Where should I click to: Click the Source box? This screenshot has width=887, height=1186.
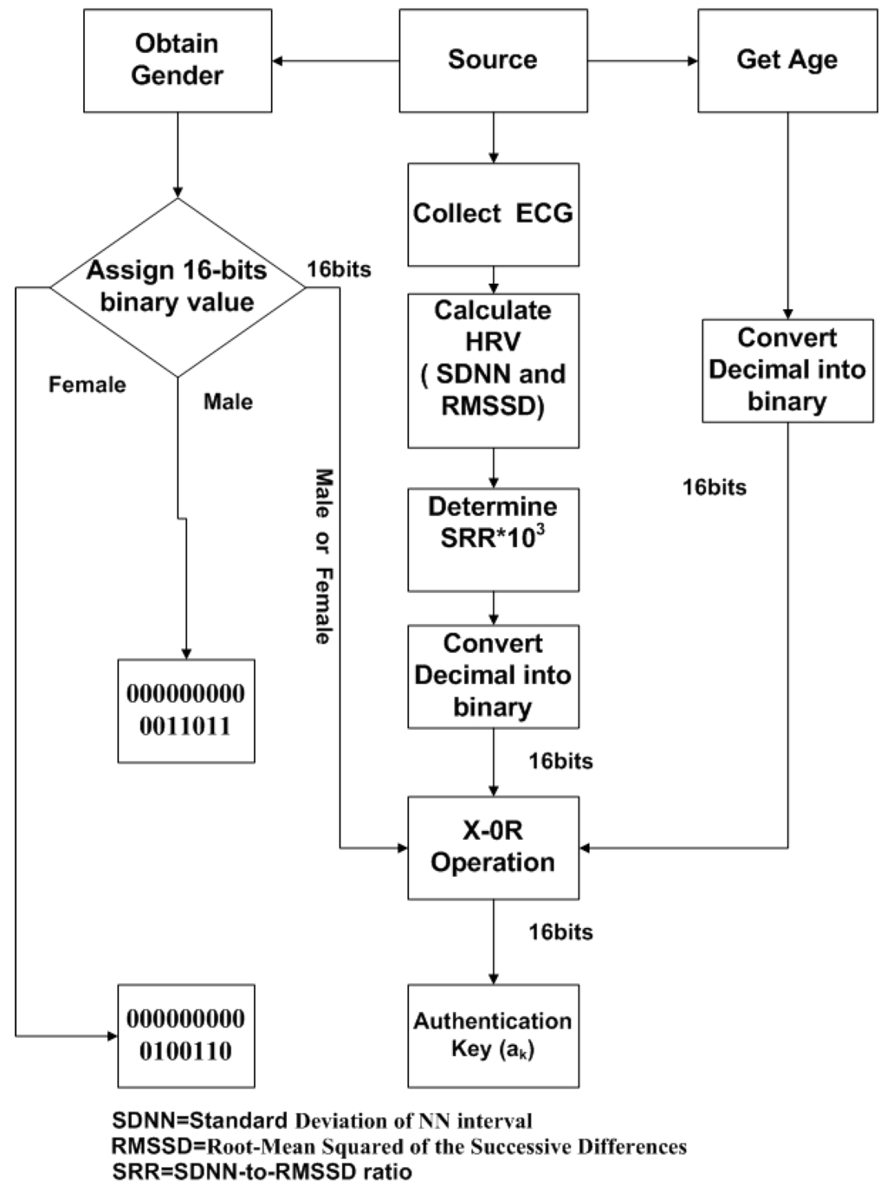pyautogui.click(x=493, y=61)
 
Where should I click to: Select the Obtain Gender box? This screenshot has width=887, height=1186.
pyautogui.click(x=178, y=61)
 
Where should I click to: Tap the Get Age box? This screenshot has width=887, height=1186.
pyautogui.click(x=787, y=61)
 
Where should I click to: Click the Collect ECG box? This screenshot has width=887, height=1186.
pyautogui.click(x=493, y=214)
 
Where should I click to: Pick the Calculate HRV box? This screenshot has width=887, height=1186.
pyautogui.click(x=493, y=370)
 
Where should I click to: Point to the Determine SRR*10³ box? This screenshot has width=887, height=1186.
pyautogui.click(x=493, y=539)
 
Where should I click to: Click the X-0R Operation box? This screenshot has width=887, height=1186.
pyautogui.click(x=493, y=848)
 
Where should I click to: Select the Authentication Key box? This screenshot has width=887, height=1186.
pyautogui.click(x=493, y=1035)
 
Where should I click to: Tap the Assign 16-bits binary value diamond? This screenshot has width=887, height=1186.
pyautogui.click(x=178, y=287)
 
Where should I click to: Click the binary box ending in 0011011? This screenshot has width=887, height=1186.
pyautogui.click(x=186, y=711)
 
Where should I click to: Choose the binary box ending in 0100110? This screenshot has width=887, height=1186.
pyautogui.click(x=186, y=1035)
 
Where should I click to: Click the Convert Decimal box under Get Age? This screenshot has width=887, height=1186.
pyautogui.click(x=787, y=371)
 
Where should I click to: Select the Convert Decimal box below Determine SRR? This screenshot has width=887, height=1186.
pyautogui.click(x=493, y=676)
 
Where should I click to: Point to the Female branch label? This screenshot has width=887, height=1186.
pyautogui.click(x=87, y=384)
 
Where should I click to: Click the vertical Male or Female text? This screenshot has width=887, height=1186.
pyautogui.click(x=323, y=557)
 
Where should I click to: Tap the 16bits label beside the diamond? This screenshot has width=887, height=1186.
pyautogui.click(x=339, y=270)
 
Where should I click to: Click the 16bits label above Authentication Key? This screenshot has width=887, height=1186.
pyautogui.click(x=560, y=932)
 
